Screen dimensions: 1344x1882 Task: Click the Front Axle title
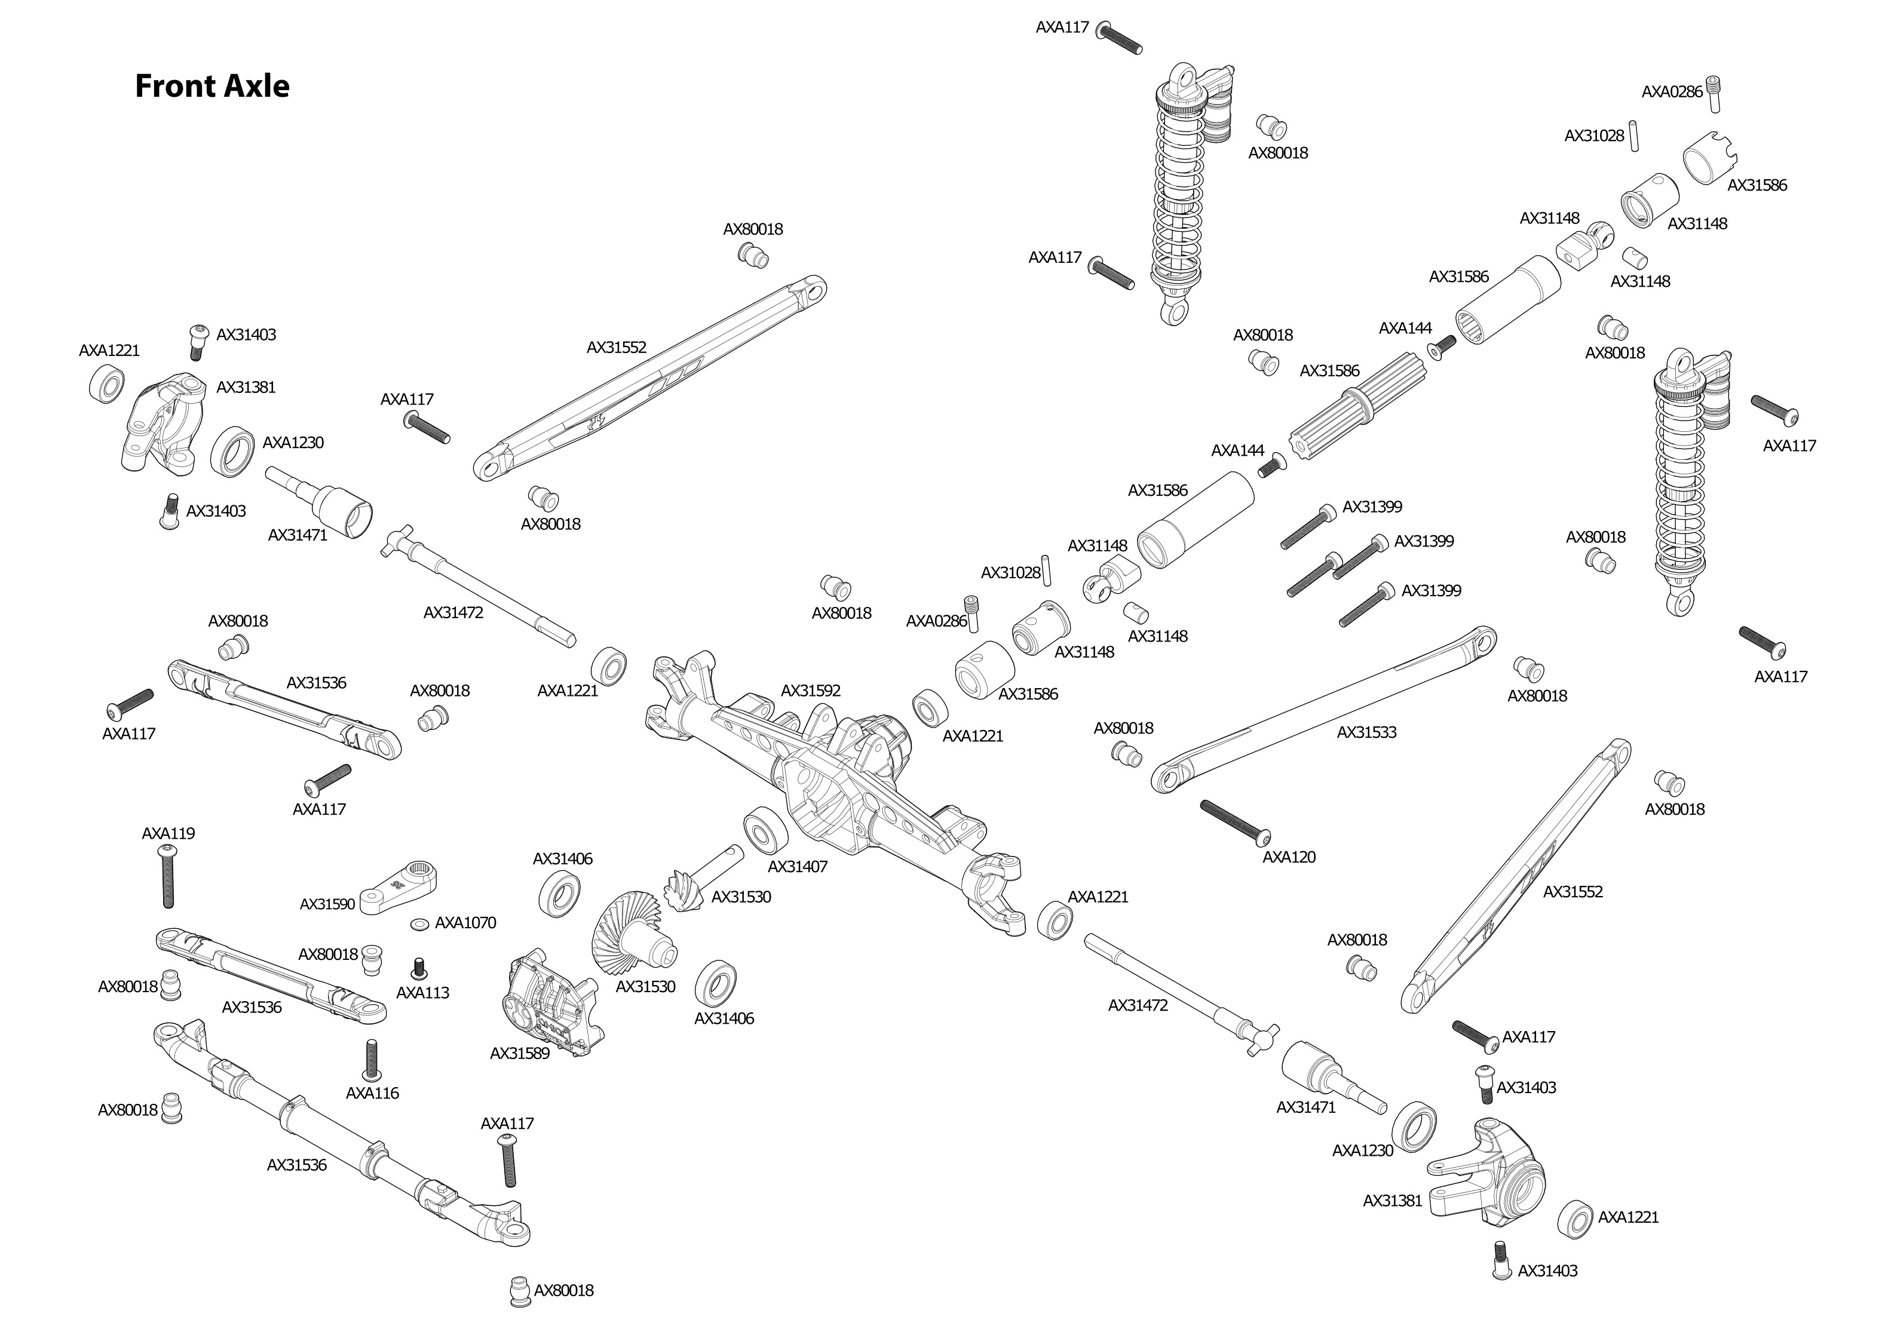tap(212, 86)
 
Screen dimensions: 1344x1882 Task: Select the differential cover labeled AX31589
tap(553, 1003)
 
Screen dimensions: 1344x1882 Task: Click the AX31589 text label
tap(520, 1054)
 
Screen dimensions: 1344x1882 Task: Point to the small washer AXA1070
tap(419, 923)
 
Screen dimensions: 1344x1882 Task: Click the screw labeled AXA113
tap(419, 966)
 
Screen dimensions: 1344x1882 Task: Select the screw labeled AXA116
tap(372, 1059)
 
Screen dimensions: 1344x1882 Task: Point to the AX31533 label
tap(1366, 732)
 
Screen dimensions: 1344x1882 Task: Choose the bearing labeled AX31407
tap(764, 831)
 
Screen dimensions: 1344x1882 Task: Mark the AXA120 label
tap(1289, 857)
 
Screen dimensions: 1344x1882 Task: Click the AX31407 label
tap(797, 867)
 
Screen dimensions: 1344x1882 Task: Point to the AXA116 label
tap(372, 1093)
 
